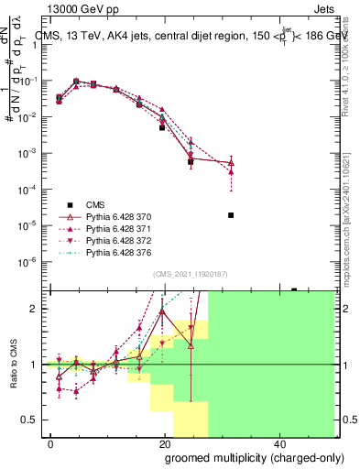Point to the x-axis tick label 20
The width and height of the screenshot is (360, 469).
point(165,443)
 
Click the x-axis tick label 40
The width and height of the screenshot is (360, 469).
point(278,443)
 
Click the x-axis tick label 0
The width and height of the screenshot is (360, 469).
point(51,443)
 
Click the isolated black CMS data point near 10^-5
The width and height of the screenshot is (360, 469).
point(231,215)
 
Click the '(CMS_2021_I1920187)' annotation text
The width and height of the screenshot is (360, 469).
point(190,273)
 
